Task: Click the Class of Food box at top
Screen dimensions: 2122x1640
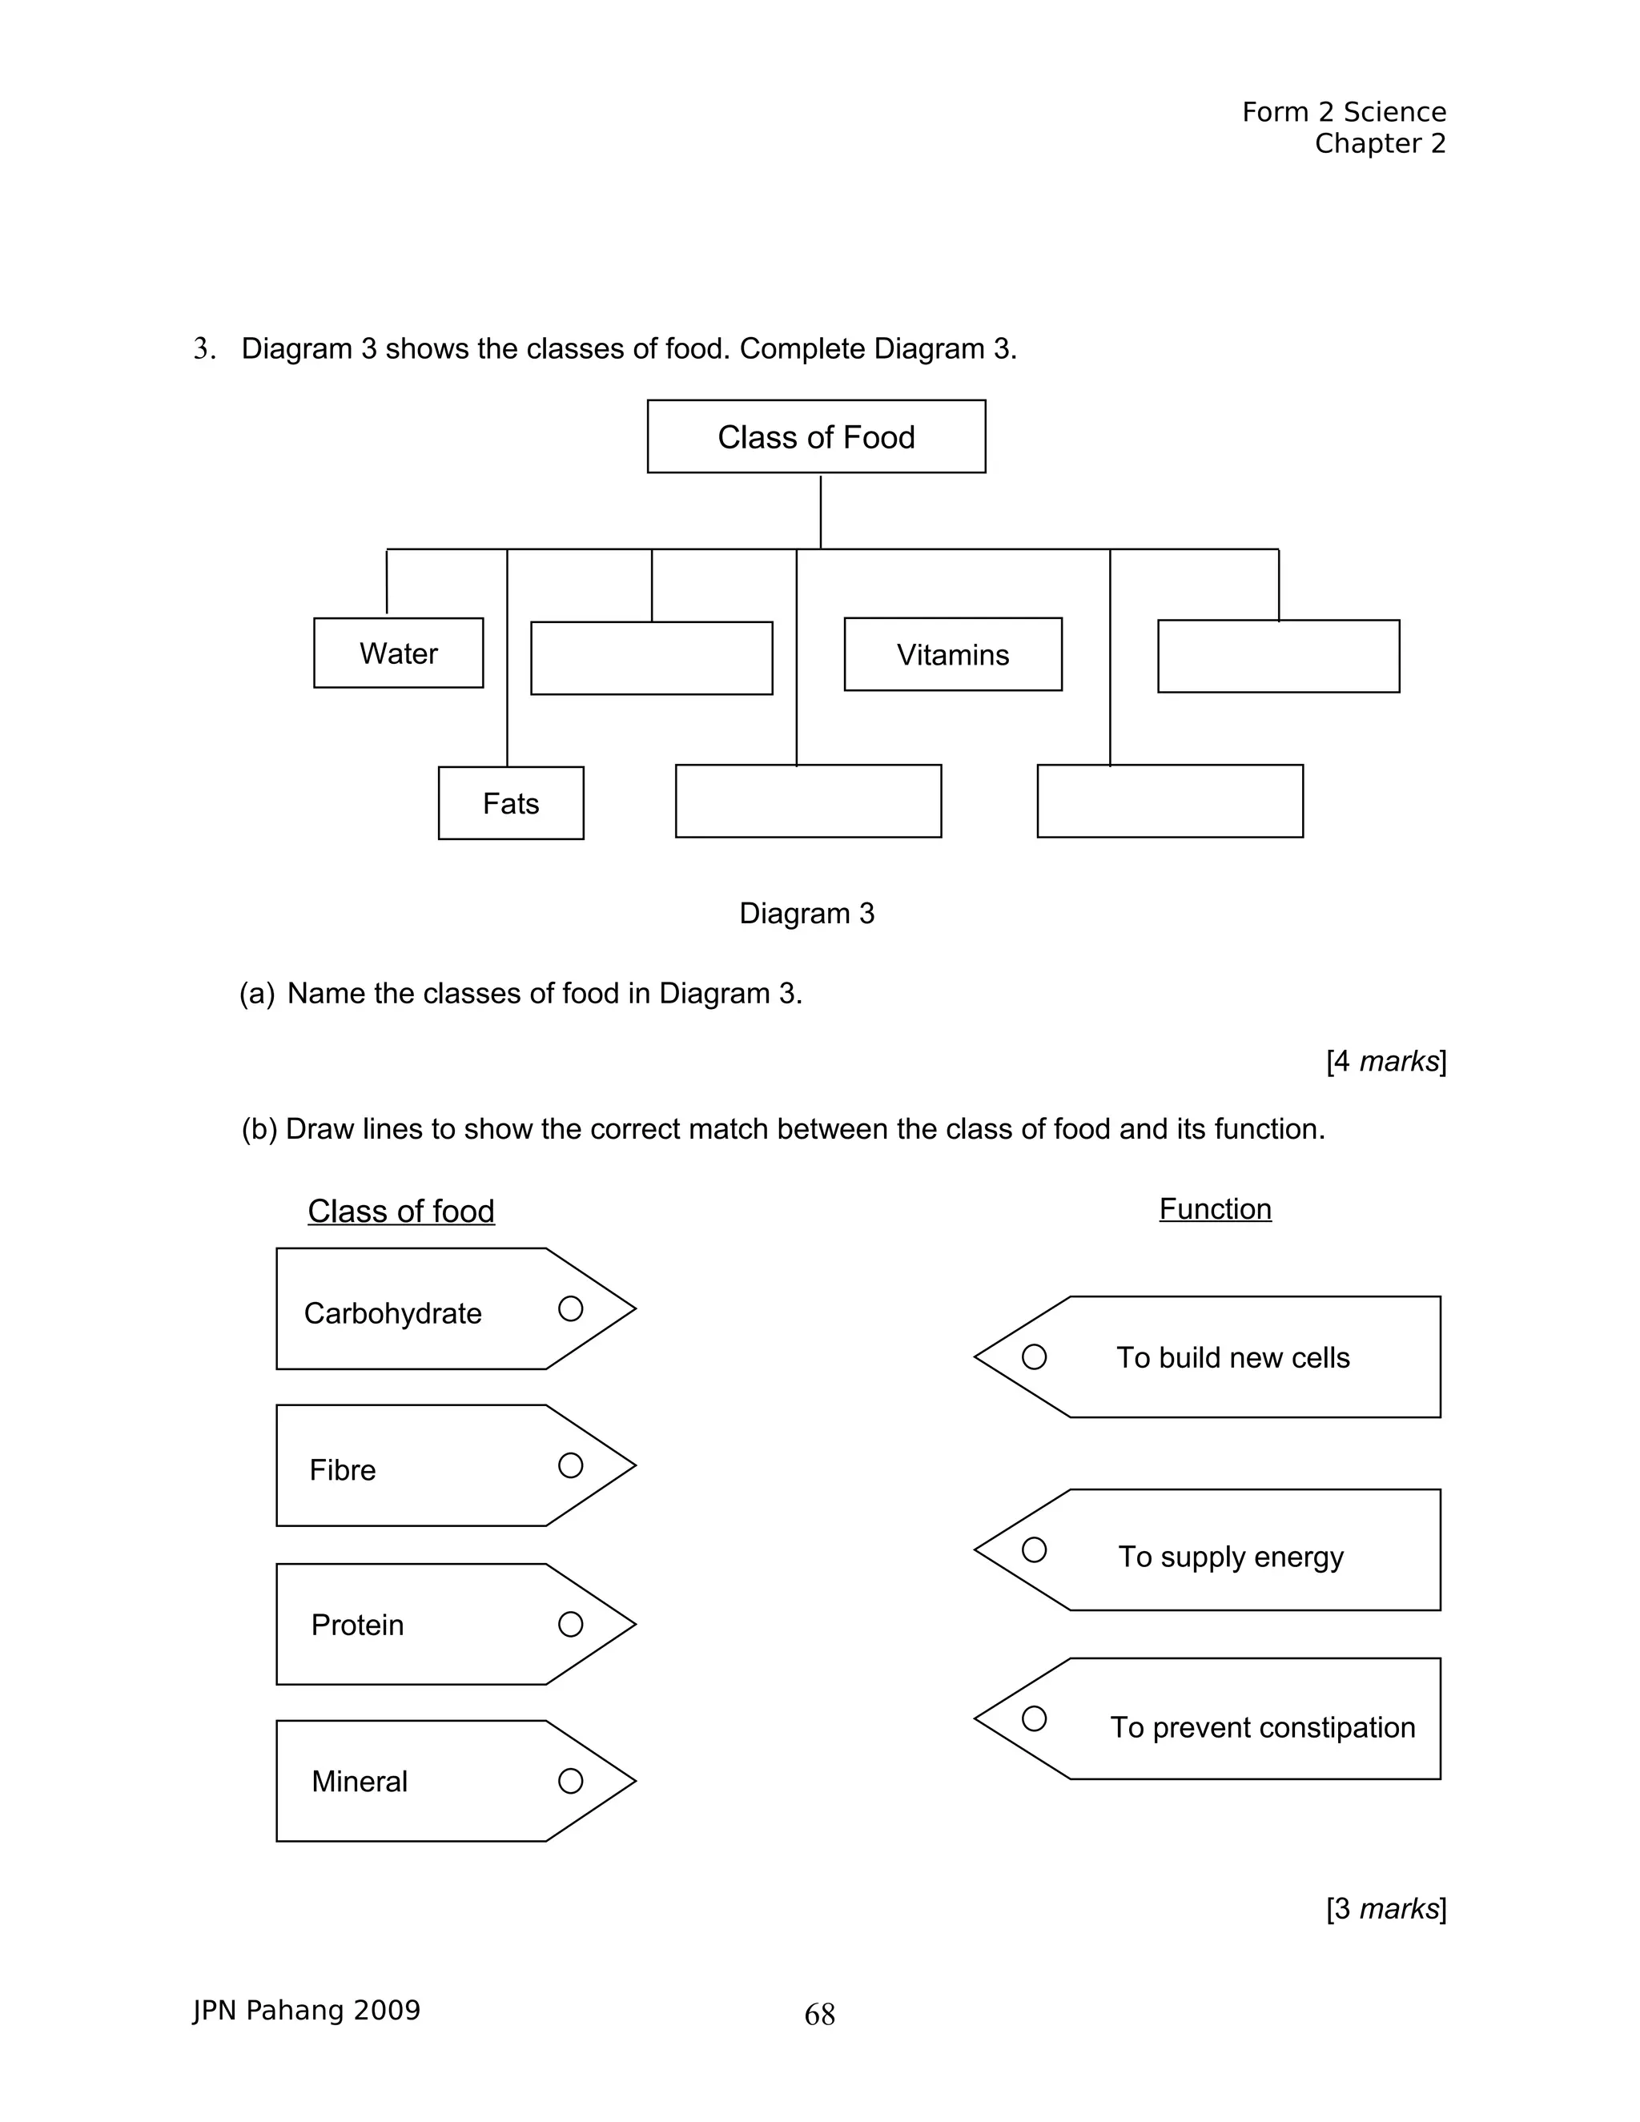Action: tap(816, 436)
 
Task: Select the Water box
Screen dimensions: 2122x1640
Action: tap(398, 653)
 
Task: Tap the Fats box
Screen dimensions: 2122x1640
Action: tap(511, 802)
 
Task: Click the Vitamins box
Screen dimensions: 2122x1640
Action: tap(952, 654)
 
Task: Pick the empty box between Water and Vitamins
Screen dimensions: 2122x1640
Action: tap(651, 657)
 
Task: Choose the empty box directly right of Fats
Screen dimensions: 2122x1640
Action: tap(808, 801)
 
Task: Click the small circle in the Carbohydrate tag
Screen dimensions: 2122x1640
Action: tap(570, 1308)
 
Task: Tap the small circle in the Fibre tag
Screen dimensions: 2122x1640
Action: tap(570, 1465)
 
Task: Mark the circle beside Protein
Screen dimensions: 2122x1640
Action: tap(570, 1625)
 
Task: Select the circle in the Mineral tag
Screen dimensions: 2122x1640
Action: tap(570, 1781)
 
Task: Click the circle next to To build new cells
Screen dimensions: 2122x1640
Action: tap(1034, 1356)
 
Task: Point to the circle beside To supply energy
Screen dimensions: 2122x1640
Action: tap(1034, 1549)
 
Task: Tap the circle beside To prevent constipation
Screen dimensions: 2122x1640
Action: tap(1034, 1718)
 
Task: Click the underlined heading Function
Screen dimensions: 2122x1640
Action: tap(1215, 1208)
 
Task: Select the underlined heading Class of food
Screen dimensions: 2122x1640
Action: tap(401, 1211)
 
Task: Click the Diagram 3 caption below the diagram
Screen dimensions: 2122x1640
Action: tap(806, 914)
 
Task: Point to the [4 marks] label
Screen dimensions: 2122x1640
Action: tap(1385, 1061)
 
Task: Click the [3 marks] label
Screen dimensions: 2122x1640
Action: tap(1385, 1908)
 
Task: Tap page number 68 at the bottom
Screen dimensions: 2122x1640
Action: tap(819, 2015)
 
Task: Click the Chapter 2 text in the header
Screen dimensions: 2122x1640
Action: tap(1380, 144)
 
